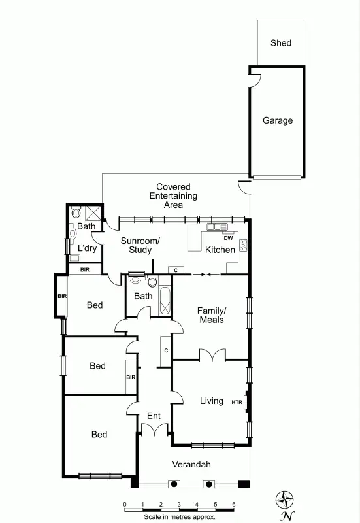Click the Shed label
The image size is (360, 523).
click(x=281, y=43)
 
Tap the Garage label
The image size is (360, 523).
click(x=278, y=120)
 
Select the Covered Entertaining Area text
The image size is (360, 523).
click(x=173, y=195)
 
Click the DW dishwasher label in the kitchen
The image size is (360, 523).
click(x=228, y=238)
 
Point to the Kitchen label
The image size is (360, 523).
click(x=220, y=250)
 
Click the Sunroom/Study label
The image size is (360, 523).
click(x=140, y=245)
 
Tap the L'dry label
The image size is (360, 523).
click(x=87, y=249)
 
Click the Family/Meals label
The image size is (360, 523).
click(x=211, y=315)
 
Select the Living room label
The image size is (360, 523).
click(x=211, y=401)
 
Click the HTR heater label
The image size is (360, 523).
click(x=237, y=402)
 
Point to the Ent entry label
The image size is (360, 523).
click(x=154, y=416)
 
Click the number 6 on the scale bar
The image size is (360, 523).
click(x=234, y=504)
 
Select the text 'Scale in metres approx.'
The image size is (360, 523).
click(x=180, y=515)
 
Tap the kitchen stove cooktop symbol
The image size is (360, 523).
click(x=243, y=246)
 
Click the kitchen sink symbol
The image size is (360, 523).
click(x=214, y=227)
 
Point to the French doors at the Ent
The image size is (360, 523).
click(x=154, y=431)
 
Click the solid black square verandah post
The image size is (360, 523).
click(x=244, y=484)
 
